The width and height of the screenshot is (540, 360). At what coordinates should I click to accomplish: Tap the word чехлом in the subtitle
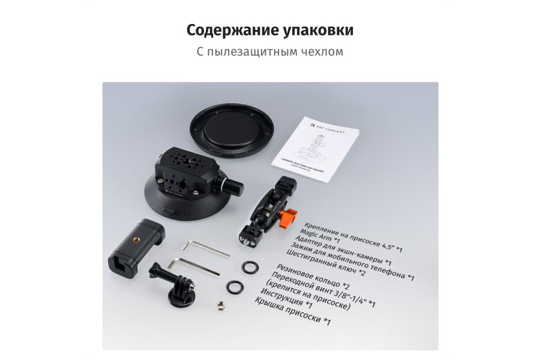pyautogui.click(x=321, y=52)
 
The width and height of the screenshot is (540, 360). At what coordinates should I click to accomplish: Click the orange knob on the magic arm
pyautogui.click(x=290, y=216)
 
